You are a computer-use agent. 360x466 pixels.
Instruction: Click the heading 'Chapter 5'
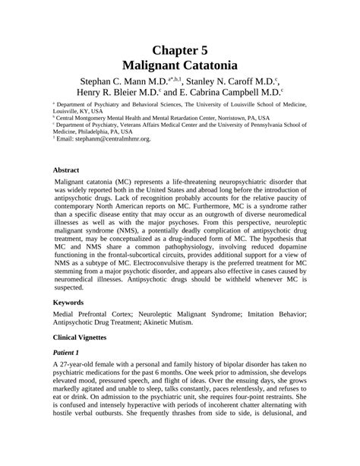(180, 50)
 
